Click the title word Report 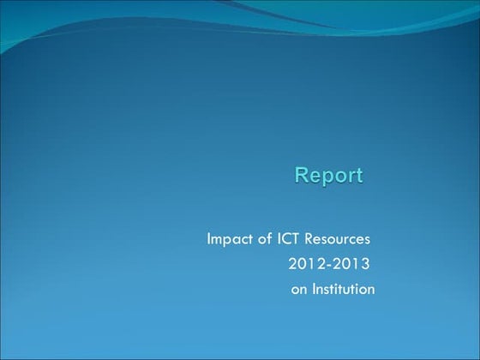329,176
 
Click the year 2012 302,263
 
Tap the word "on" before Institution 298,290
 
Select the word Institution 343,289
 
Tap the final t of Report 359,176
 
